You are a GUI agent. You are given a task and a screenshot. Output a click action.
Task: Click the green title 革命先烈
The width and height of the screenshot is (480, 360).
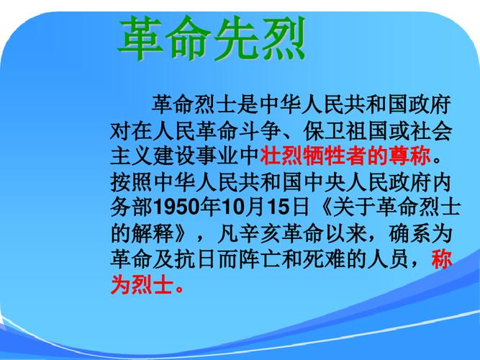212,38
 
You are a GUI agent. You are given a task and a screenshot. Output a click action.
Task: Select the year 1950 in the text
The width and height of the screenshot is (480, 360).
176,207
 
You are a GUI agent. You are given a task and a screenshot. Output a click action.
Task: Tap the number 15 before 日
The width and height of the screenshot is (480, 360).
279,207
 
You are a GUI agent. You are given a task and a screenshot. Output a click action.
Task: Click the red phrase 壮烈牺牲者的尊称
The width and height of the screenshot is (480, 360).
345,156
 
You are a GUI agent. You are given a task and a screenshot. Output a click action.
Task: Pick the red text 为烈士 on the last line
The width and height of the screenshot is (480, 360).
142,285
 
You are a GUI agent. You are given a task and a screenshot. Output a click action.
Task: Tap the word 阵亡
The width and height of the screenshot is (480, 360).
260,259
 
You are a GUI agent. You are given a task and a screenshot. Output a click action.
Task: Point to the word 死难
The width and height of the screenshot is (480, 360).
324,259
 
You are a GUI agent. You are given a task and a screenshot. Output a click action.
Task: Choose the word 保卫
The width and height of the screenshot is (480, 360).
324,130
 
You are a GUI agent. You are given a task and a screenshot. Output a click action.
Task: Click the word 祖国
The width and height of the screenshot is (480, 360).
367,130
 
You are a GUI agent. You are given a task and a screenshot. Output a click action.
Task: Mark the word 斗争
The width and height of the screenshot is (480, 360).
260,130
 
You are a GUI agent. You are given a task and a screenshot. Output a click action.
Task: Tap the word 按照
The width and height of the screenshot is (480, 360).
131,181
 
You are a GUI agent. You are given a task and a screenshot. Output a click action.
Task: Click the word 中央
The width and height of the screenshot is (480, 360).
324,181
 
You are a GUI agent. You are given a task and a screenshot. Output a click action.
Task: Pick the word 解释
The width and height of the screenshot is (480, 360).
153,233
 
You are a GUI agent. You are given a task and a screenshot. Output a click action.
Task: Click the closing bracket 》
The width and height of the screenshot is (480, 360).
182,233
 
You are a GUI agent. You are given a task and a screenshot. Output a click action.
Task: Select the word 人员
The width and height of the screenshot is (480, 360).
389,259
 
